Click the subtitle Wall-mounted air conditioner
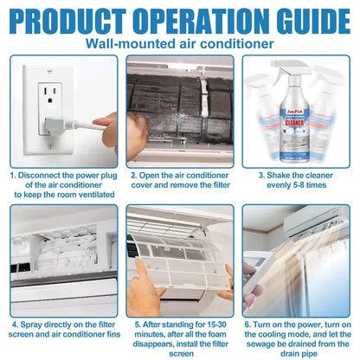tap(180, 43)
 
